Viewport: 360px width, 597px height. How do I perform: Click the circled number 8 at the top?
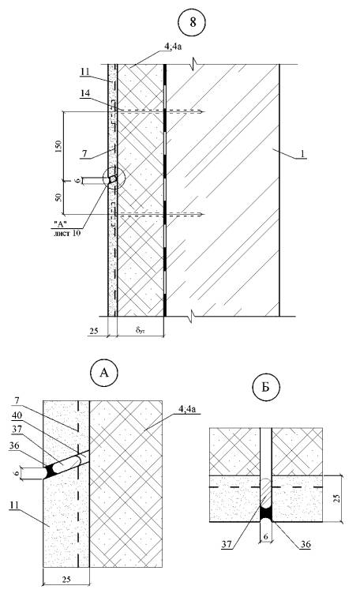(x=193, y=22)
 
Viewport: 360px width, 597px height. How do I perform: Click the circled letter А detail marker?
(x=104, y=373)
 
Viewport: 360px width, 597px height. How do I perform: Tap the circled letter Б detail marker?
(x=266, y=388)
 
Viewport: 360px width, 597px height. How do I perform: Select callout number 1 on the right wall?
(x=302, y=154)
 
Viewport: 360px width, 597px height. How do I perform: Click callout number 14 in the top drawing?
(x=86, y=93)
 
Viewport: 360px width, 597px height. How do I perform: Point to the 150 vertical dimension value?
(x=58, y=145)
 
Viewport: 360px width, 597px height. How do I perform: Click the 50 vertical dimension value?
(x=58, y=198)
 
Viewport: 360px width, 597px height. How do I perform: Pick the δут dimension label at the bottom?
(x=140, y=330)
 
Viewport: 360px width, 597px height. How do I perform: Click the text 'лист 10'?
(x=67, y=233)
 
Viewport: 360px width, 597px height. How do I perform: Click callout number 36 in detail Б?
(x=306, y=544)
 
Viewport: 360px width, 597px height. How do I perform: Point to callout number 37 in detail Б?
(x=227, y=544)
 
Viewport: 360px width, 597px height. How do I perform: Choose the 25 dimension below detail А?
(x=66, y=579)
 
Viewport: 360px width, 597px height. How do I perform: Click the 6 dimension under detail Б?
(x=266, y=535)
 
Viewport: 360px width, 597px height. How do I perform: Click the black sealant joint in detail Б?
(x=266, y=513)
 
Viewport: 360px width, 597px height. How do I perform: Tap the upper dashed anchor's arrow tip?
(x=204, y=111)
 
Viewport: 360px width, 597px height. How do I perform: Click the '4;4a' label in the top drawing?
(x=170, y=48)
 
